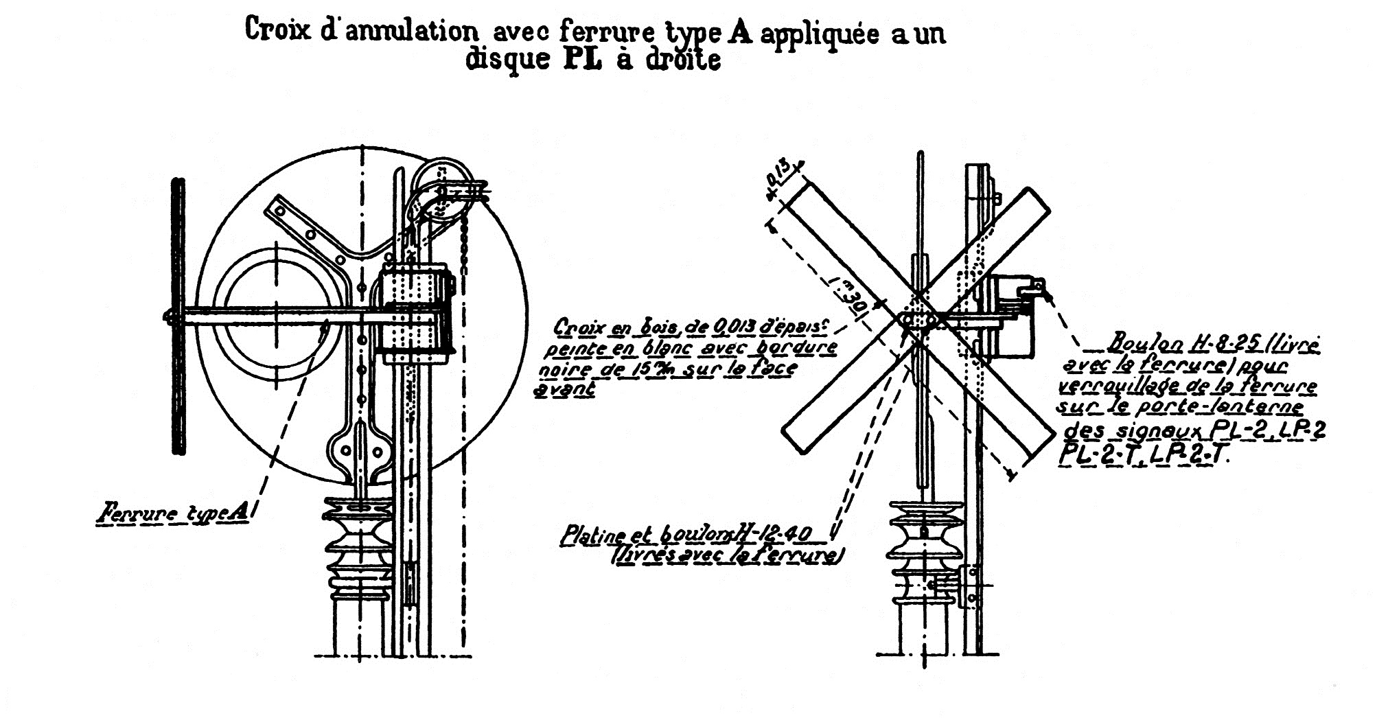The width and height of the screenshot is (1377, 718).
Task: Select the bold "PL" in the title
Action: pyautogui.click(x=583, y=60)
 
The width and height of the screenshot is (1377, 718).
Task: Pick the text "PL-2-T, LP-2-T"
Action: pyautogui.click(x=1144, y=454)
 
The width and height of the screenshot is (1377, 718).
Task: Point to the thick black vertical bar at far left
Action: pyautogui.click(x=178, y=316)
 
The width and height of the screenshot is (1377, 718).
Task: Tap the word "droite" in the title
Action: pyautogui.click(x=684, y=60)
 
